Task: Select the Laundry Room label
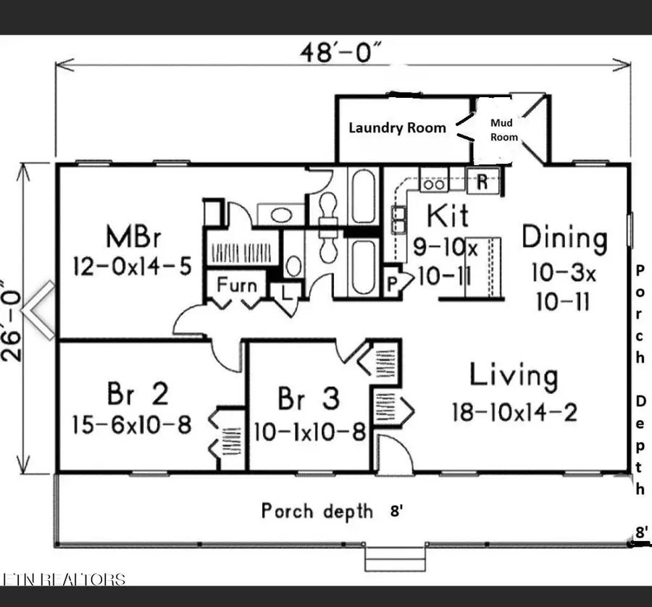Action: [x=397, y=127]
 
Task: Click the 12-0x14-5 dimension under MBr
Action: [x=132, y=267]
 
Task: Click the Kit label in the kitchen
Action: [x=447, y=215]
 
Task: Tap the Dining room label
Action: [x=564, y=238]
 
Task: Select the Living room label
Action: [x=514, y=376]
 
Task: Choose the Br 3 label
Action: [x=308, y=399]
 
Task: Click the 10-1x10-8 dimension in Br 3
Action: [x=309, y=432]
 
